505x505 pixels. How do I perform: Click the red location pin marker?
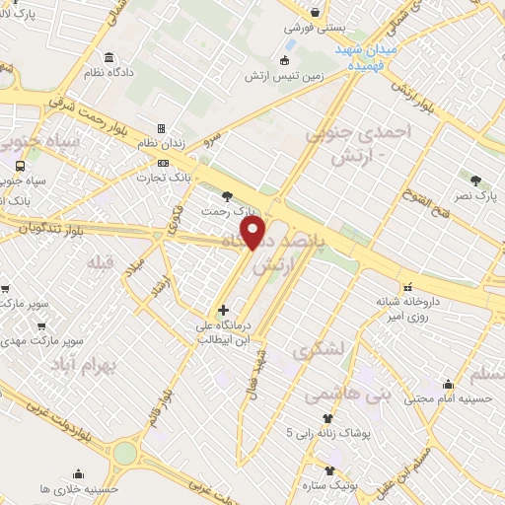point(255,234)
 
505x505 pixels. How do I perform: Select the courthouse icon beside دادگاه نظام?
point(107,56)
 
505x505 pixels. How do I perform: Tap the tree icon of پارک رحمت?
point(229,195)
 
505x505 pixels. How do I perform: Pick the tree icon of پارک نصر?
point(475,180)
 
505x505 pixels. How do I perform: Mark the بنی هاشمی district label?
point(329,395)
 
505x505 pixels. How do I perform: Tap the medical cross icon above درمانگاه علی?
point(223,311)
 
